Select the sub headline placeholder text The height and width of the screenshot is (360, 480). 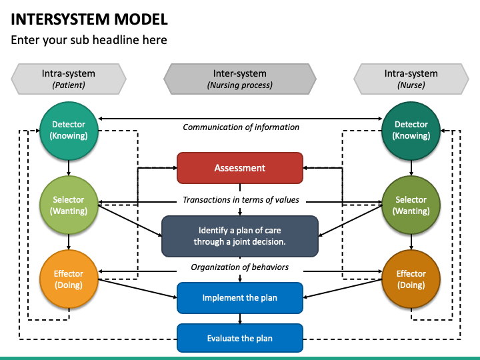click(x=89, y=40)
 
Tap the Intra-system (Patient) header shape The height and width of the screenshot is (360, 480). click(x=69, y=79)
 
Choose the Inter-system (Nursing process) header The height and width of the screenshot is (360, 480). click(x=239, y=79)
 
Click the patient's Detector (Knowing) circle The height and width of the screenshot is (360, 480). click(x=69, y=130)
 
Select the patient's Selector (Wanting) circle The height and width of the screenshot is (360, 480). click(x=69, y=205)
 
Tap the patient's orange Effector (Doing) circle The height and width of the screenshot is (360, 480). click(x=69, y=279)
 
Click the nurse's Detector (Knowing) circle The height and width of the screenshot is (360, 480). click(x=411, y=130)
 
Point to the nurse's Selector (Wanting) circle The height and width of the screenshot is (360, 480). click(x=411, y=205)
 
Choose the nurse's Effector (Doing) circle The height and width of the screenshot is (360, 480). click(x=411, y=279)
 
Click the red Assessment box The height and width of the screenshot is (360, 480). click(x=239, y=168)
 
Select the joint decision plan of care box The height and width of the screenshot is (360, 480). click(x=239, y=236)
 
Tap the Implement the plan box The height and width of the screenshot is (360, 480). click(x=239, y=297)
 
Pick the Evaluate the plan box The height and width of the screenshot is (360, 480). click(x=239, y=338)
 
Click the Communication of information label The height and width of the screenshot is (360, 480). click(x=241, y=127)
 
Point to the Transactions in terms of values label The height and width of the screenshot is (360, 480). click(x=241, y=200)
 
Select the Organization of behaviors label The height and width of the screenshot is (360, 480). click(x=240, y=267)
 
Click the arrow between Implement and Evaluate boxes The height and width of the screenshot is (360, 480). click(x=240, y=318)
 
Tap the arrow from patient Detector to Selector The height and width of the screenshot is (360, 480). click(x=69, y=167)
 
